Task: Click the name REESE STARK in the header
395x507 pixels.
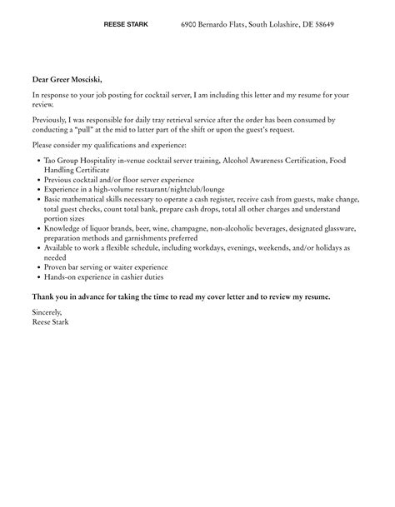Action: (126, 25)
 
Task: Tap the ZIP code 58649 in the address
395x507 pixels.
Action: (321, 25)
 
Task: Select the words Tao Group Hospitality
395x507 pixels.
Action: (77, 160)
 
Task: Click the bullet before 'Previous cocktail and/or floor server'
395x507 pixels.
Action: (40, 179)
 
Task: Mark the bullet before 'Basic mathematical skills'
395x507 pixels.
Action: (40, 199)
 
